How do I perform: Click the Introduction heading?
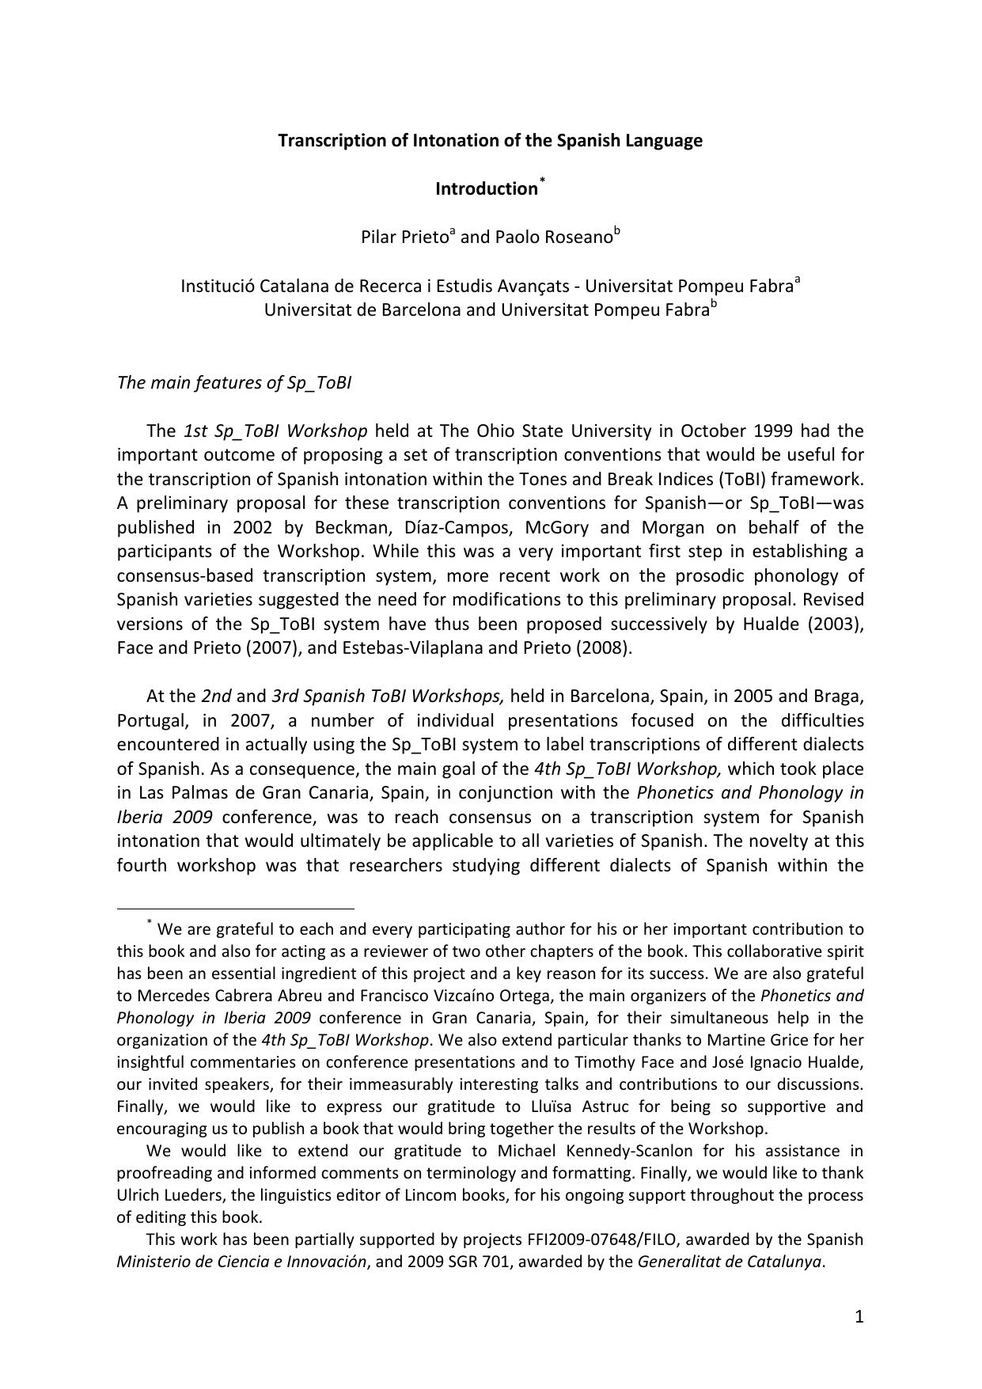[486, 189]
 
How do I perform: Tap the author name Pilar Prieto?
[404, 237]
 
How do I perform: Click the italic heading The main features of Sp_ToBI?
[234, 383]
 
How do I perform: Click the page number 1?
[859, 1317]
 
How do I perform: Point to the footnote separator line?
[235, 909]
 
